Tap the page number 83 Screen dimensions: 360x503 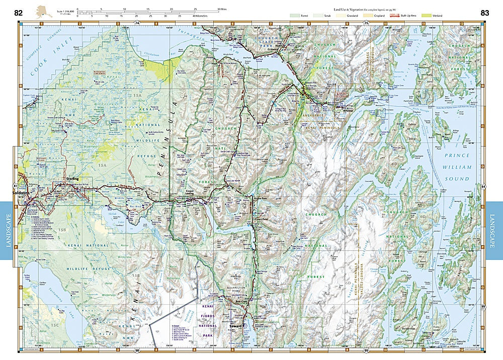point(485,13)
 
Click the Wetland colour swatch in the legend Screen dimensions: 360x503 point(428,16)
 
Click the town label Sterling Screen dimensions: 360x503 point(73,179)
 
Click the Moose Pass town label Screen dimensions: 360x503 point(260,199)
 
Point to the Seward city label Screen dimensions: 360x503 point(236,326)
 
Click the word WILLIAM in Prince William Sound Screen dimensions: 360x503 point(457,167)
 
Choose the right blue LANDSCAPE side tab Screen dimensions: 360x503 point(495,231)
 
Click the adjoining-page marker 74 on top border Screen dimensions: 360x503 point(137,23)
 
